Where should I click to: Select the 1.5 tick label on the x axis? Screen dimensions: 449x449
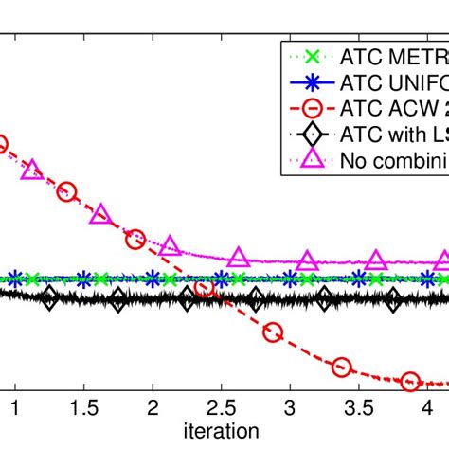pyautogui.click(x=83, y=409)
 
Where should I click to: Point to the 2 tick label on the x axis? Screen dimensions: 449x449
pyautogui.click(x=153, y=409)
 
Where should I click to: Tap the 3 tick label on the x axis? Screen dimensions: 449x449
pyautogui.click(x=290, y=409)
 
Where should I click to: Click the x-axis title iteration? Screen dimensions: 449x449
pyautogui.click(x=221, y=432)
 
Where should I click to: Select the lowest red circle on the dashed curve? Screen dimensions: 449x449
pyautogui.click(x=410, y=382)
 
